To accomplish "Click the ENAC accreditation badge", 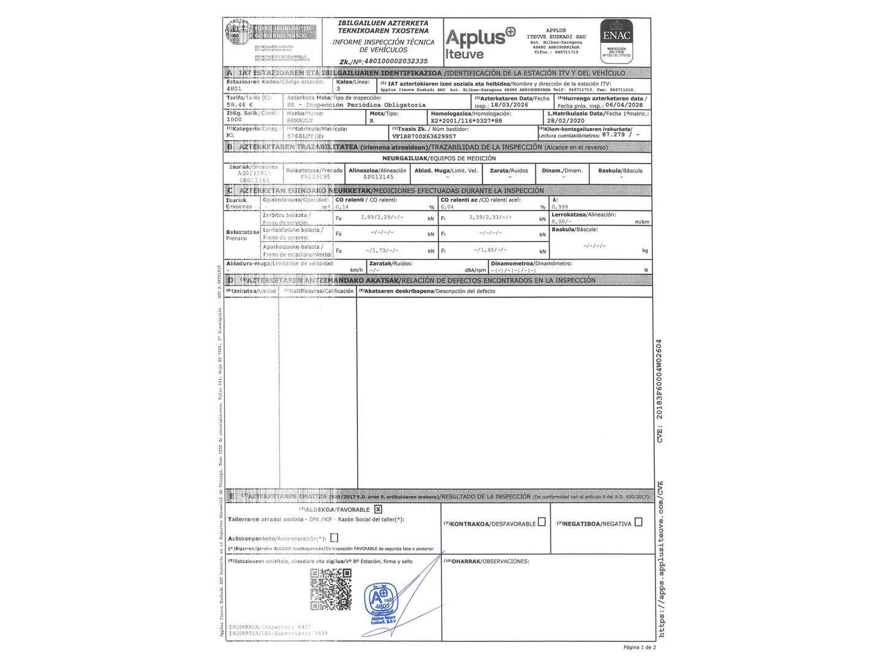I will point(616,40).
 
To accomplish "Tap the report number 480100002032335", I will point(396,62).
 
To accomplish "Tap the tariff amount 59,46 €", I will point(239,105).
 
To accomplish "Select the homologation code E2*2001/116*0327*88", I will point(466,121).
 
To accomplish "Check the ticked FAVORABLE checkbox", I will point(378,509).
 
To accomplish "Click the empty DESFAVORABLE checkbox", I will point(541,522).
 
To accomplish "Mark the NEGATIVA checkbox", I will point(638,522).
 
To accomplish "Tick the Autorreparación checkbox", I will point(334,538).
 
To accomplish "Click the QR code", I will point(331,589).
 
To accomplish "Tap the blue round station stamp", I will point(380,603).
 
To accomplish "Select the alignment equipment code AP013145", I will point(378,177).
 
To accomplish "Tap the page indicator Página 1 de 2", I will point(639,647).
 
